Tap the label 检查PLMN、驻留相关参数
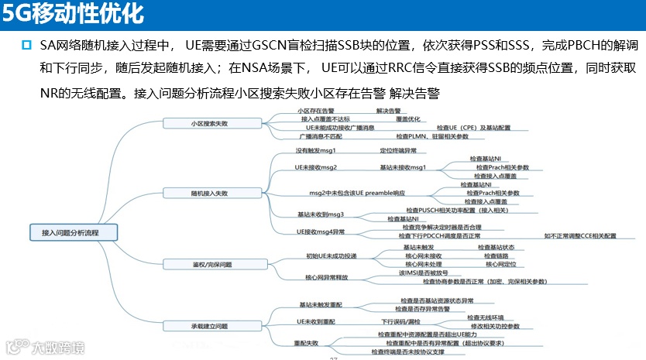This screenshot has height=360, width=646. [432, 136]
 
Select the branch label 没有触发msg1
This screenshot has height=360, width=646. [315, 150]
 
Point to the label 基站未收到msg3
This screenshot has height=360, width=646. [321, 214]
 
